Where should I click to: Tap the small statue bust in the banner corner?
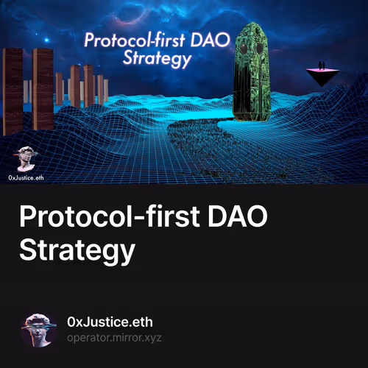click(x=27, y=158)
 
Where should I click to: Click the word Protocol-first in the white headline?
click(x=112, y=217)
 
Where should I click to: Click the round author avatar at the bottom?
click(x=39, y=330)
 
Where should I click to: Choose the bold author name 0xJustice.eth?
click(x=109, y=322)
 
